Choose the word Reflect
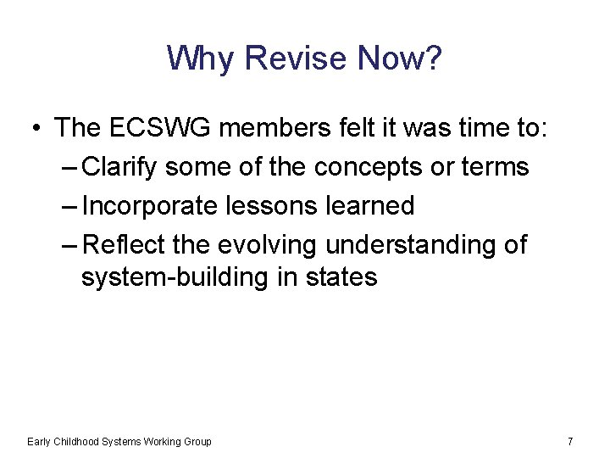(x=126, y=245)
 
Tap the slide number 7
(x=570, y=441)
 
